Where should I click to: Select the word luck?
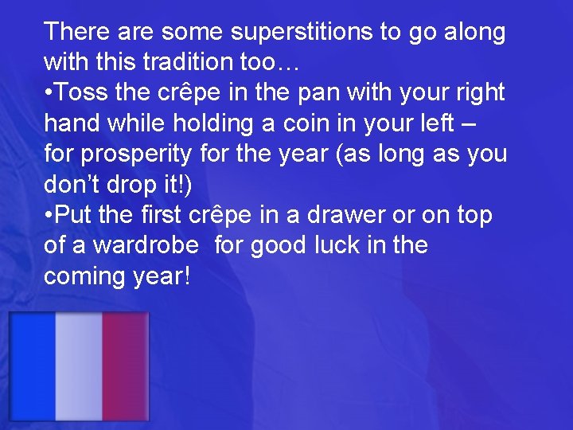(x=335, y=246)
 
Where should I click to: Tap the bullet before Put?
(x=49, y=216)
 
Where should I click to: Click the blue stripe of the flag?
(x=32, y=367)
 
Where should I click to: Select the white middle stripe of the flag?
(x=78, y=367)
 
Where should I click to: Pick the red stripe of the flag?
(x=125, y=367)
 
